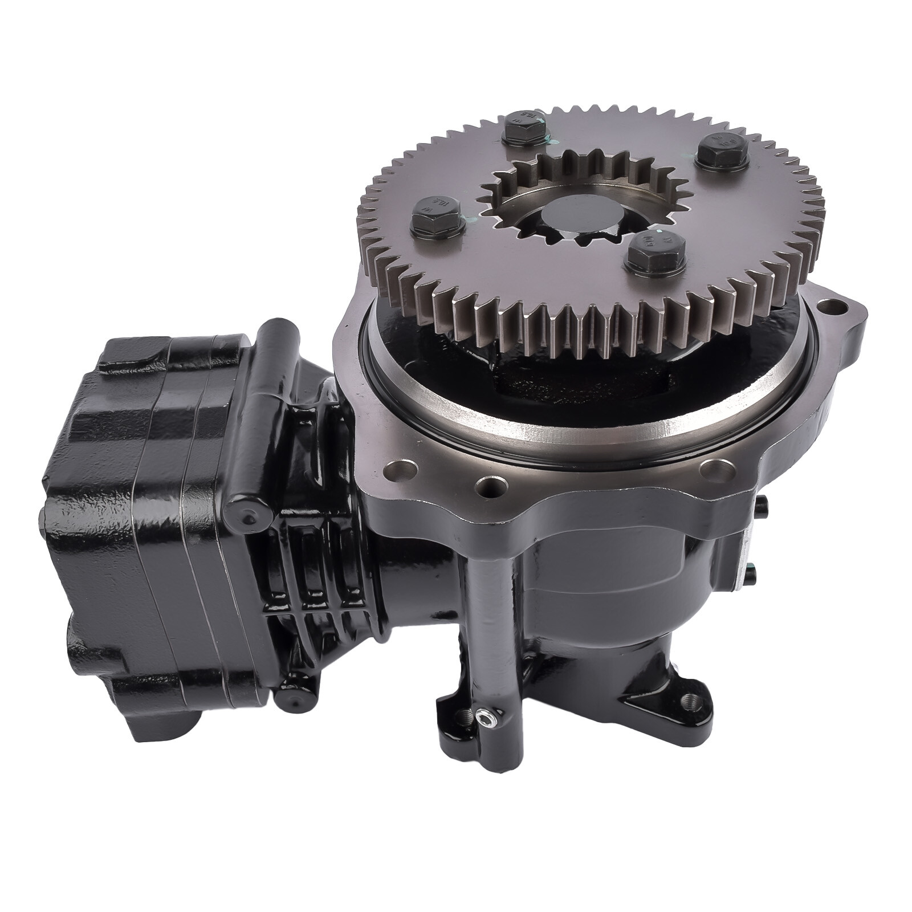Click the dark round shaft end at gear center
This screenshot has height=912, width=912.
pos(571,219)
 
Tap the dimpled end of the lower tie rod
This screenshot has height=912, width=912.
pos(292,698)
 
